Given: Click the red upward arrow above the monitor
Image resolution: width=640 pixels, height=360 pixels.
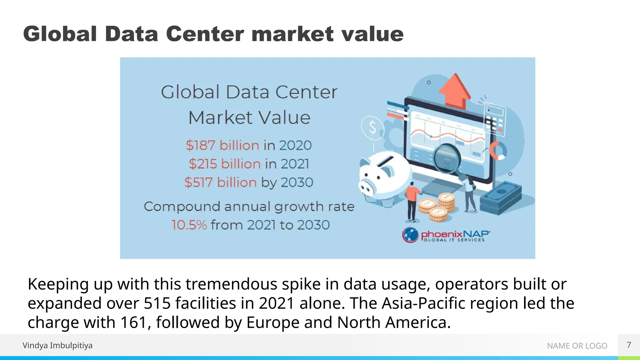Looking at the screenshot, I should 455,91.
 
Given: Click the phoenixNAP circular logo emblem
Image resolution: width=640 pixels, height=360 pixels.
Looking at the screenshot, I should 410,235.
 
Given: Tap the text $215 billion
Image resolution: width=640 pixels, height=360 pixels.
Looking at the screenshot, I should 225,164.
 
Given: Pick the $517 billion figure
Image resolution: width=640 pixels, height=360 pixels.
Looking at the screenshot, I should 221,182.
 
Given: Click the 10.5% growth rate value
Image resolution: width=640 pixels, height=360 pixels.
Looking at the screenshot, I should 189,225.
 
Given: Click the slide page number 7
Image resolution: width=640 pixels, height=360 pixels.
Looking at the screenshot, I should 629,345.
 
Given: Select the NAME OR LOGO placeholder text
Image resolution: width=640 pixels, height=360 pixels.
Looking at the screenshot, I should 577,346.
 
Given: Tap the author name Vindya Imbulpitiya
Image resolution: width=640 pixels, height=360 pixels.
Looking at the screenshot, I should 57,345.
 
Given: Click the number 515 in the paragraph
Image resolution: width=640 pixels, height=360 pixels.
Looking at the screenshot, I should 157,303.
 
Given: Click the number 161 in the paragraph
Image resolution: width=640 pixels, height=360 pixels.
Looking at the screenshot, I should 133,322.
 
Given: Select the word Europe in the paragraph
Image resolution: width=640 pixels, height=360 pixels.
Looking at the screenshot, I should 273,322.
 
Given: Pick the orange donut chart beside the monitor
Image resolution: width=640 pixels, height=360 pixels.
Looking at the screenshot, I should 497,150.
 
